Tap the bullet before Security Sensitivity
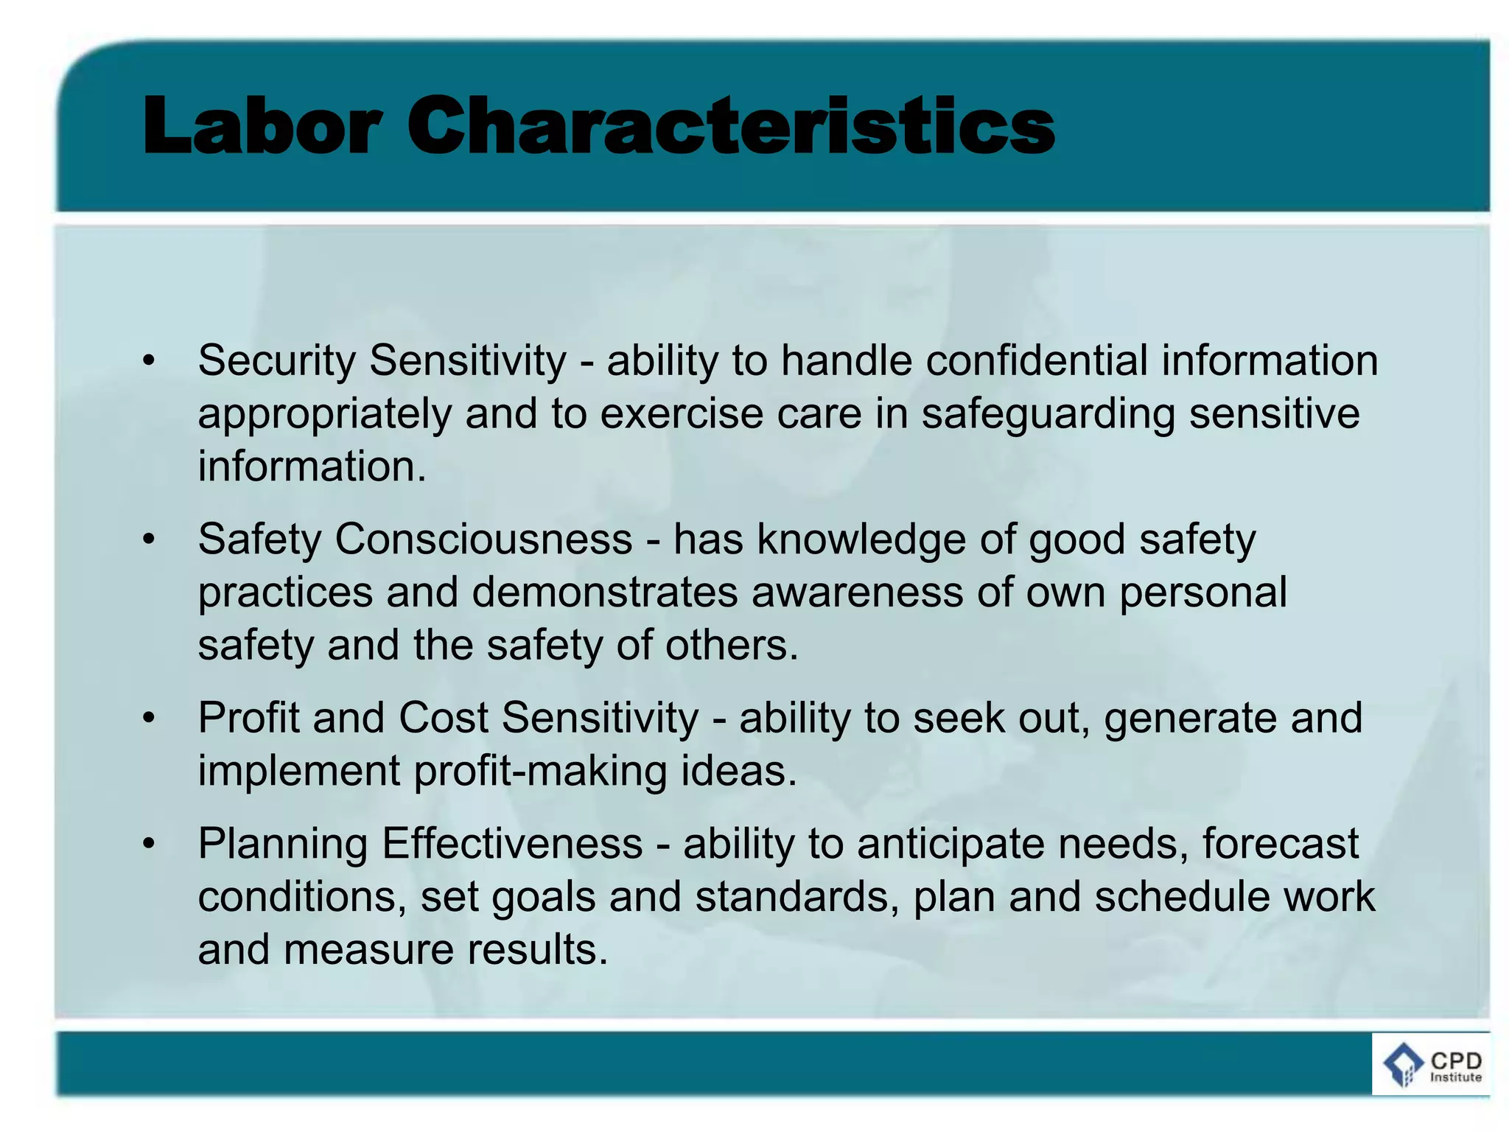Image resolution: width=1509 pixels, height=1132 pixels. [150, 361]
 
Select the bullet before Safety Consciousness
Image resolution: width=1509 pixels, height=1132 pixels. [150, 539]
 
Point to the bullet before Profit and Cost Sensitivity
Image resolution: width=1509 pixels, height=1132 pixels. [150, 719]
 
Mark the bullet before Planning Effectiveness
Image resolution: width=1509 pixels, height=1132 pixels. [150, 845]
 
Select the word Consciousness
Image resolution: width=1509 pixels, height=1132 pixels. [483, 539]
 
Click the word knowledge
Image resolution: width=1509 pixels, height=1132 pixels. [861, 539]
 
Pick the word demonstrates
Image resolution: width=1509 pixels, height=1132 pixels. [604, 593]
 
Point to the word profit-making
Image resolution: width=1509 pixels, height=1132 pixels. [540, 772]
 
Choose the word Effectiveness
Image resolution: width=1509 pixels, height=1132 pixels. [512, 845]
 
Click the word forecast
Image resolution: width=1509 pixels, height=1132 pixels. [1280, 845]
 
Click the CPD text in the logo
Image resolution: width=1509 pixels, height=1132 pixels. [1456, 1061]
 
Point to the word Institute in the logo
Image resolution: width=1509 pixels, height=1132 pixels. [1456, 1077]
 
